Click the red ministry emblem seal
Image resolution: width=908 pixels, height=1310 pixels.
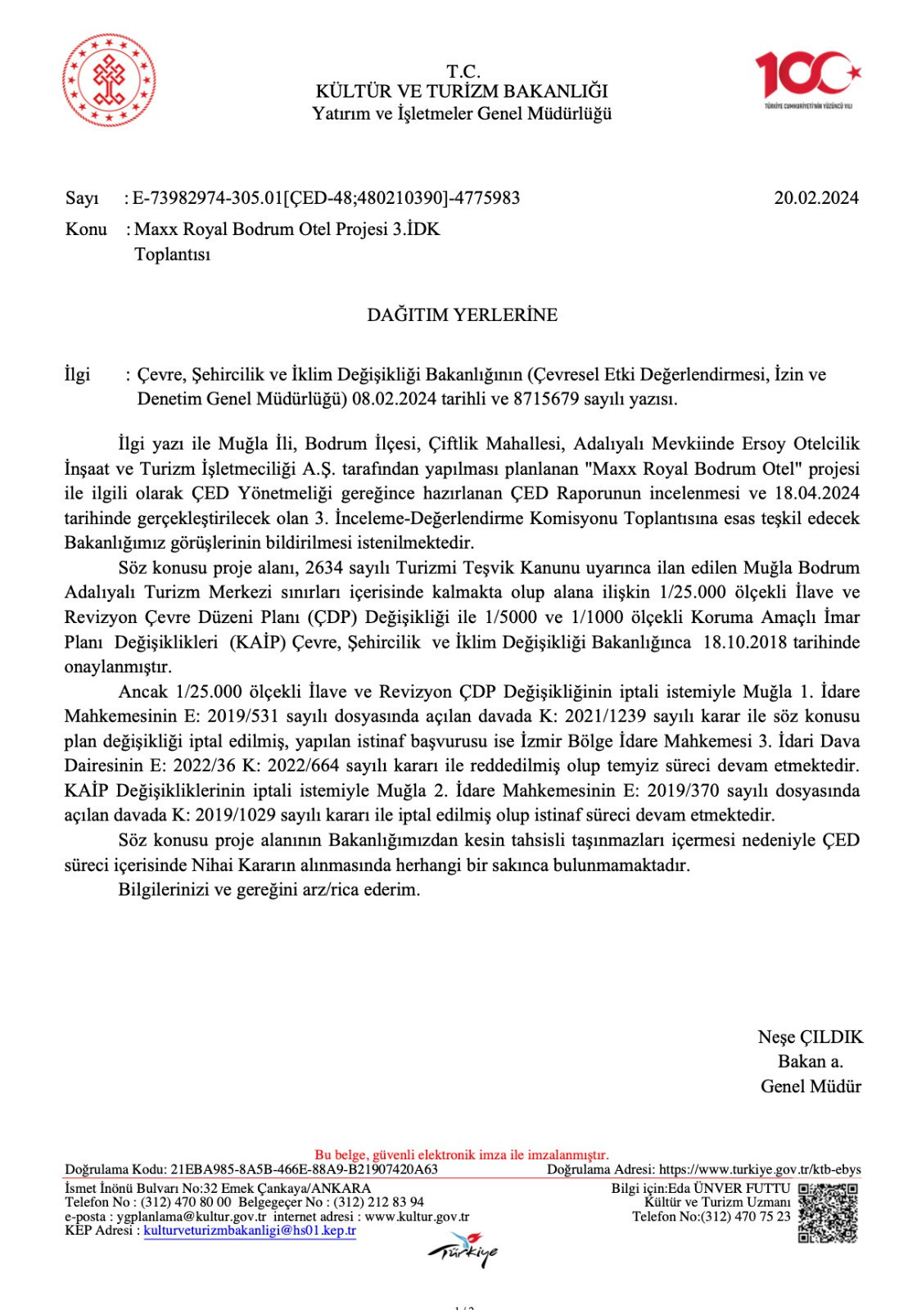click(110, 80)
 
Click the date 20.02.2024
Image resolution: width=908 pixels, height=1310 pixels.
click(815, 197)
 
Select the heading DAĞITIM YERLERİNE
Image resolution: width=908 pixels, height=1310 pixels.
click(462, 315)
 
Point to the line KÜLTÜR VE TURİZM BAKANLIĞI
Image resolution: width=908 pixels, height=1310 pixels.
click(462, 92)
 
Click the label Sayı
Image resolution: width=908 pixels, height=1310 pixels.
click(82, 198)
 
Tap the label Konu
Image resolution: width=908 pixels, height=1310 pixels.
click(86, 229)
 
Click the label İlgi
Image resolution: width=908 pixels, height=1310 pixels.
click(77, 375)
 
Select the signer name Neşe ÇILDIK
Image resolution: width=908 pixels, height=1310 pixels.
click(810, 1037)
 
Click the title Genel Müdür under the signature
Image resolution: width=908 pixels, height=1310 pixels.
click(811, 1086)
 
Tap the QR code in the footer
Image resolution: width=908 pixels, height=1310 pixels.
click(827, 1213)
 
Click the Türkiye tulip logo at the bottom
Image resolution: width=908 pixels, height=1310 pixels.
click(463, 1250)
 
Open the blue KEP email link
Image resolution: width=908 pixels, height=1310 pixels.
click(250, 1231)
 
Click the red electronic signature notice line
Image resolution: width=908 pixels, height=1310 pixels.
click(462, 1155)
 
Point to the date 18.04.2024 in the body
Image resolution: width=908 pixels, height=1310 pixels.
click(815, 493)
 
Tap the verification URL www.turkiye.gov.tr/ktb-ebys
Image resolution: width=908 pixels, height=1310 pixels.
click(760, 1169)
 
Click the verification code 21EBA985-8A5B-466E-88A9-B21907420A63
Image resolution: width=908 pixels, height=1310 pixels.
click(305, 1169)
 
